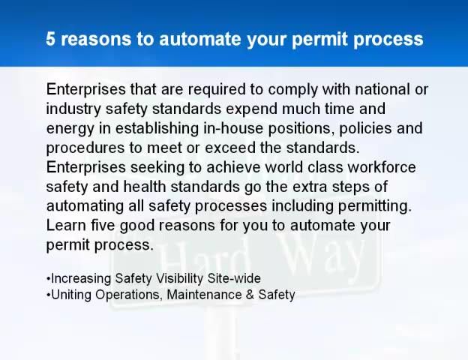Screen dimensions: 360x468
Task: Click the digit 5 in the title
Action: pyautogui.click(x=51, y=39)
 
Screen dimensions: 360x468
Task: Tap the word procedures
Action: pyautogui.click(x=80, y=148)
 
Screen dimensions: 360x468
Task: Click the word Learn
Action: pyautogui.click(x=64, y=225)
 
